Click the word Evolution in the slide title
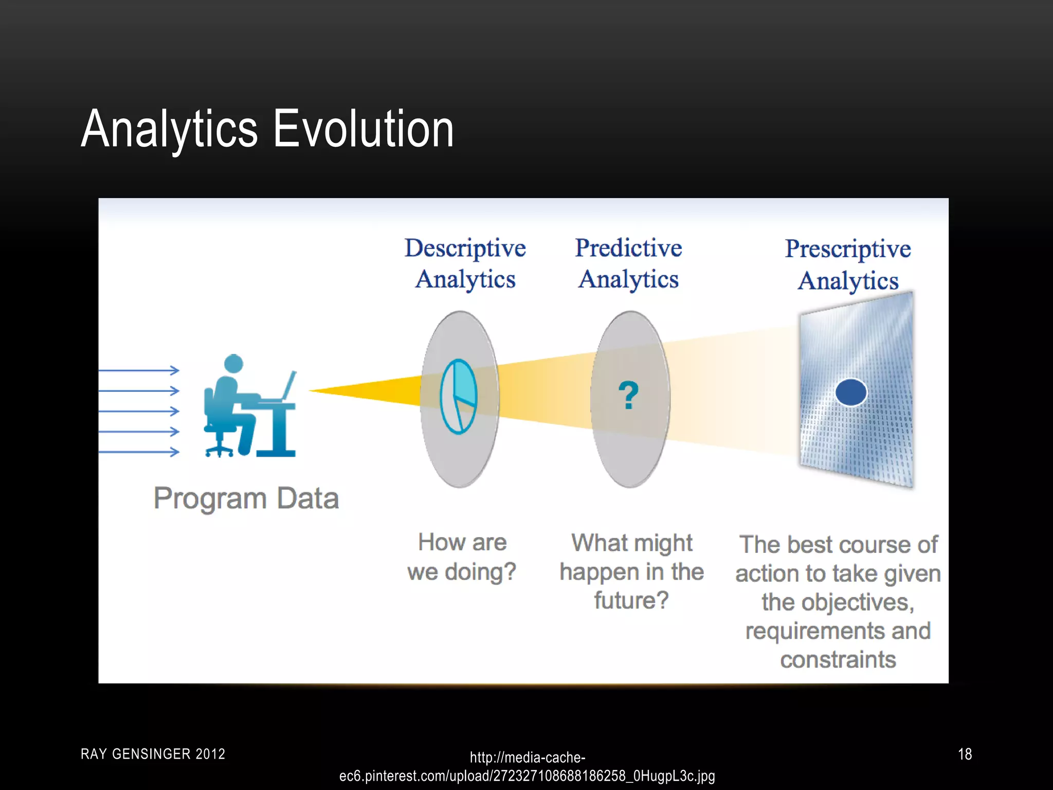[363, 129]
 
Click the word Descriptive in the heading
[465, 248]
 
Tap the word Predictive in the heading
[628, 248]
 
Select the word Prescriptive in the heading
[848, 249]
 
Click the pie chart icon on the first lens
[459, 397]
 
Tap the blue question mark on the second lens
[628, 396]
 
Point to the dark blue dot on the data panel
[851, 392]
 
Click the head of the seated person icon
[234, 363]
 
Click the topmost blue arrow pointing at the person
[139, 370]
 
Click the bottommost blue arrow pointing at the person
[139, 452]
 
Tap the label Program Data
[246, 498]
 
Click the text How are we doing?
[462, 557]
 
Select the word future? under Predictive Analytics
[631, 600]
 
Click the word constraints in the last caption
[838, 659]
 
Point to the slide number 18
[965, 754]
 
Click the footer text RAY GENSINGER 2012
[153, 754]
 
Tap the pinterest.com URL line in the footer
[526, 776]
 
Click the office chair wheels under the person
[219, 453]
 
